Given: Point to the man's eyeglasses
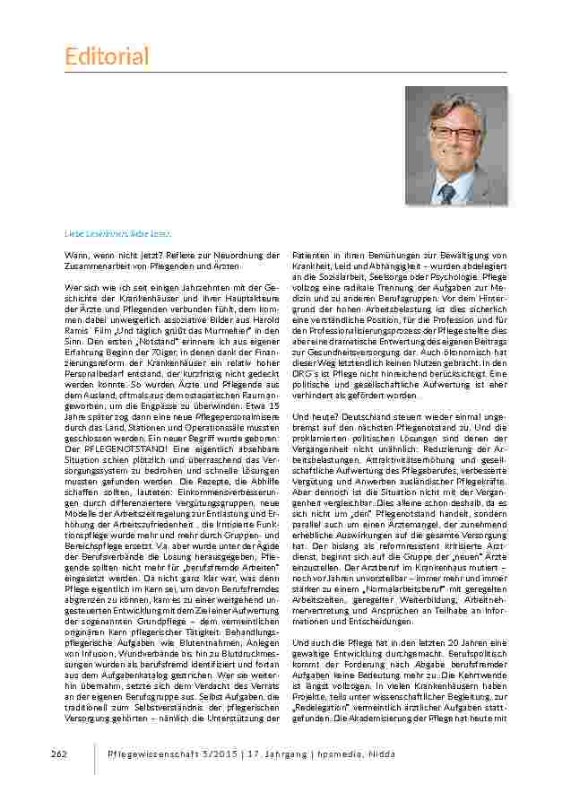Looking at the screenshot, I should point(454,133).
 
